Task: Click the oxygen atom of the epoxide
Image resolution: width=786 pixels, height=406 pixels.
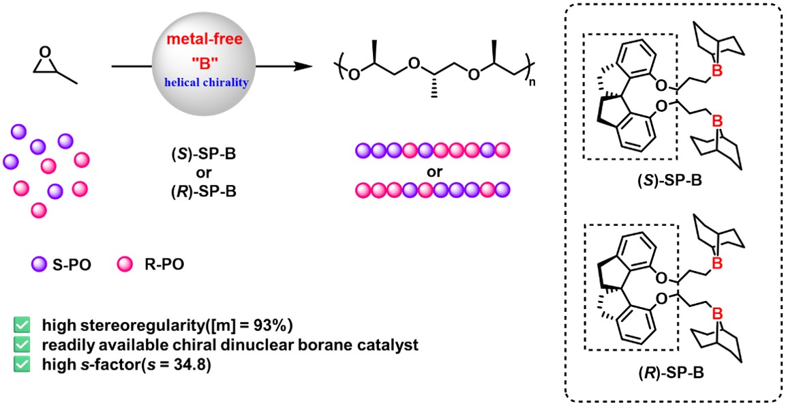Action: (46, 52)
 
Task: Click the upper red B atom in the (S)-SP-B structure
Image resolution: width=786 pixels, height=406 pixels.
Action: (717, 72)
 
